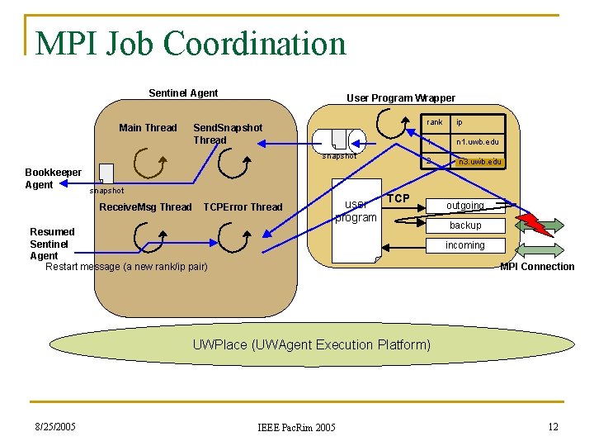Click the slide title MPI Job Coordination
[191, 43]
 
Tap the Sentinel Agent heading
[183, 93]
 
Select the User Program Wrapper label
[400, 98]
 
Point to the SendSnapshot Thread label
[227, 134]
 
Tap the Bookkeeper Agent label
[53, 178]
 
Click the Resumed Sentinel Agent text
[52, 244]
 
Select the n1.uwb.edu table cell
[478, 142]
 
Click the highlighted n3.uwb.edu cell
[479, 162]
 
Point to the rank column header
[435, 122]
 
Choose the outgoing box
[465, 206]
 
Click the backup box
[465, 225]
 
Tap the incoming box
[465, 245]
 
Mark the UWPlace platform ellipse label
[311, 344]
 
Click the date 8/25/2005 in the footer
[55, 426]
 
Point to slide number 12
[554, 426]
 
